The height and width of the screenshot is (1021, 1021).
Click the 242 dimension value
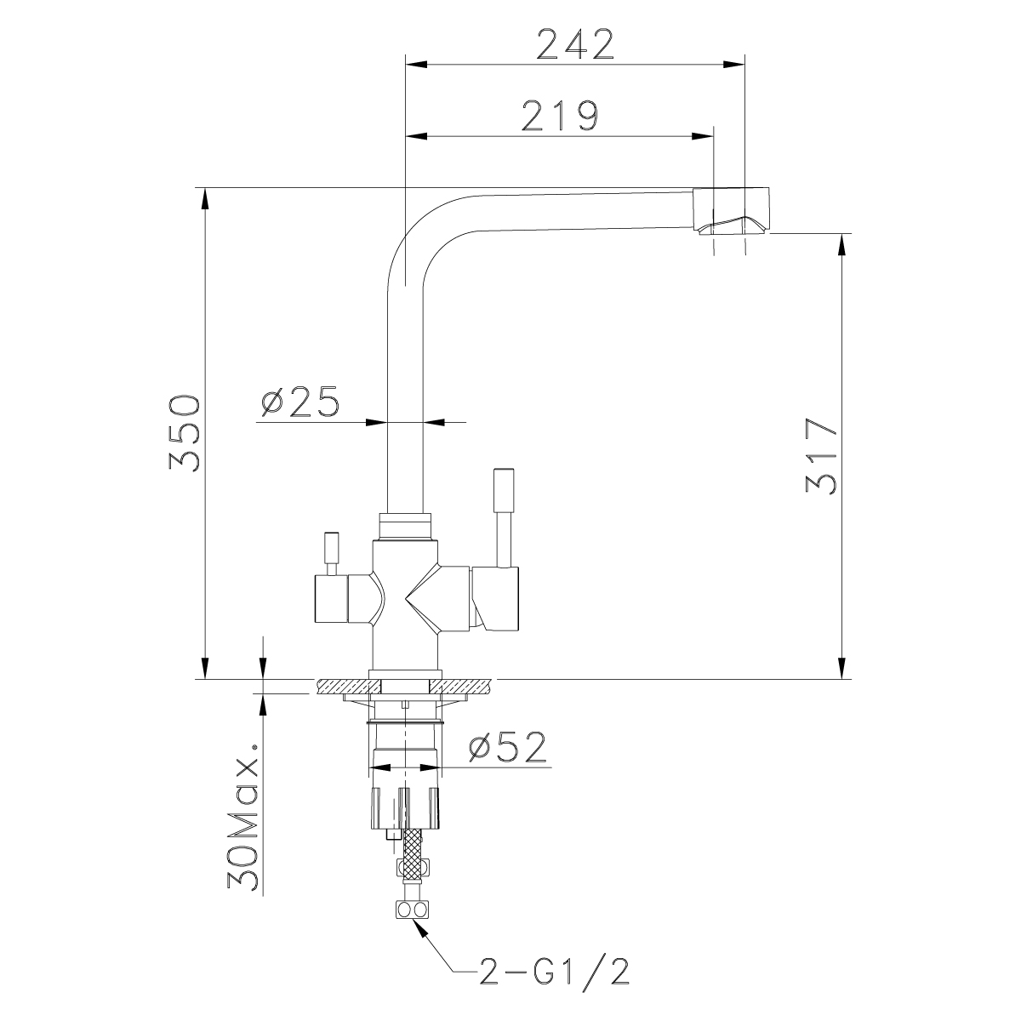[x=575, y=44]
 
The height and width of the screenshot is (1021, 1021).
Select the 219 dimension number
[x=559, y=117]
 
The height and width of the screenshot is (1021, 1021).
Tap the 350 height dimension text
[x=184, y=434]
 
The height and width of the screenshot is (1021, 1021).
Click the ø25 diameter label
[x=299, y=402]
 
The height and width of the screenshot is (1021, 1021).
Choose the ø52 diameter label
[x=506, y=747]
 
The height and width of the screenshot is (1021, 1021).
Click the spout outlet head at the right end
[x=733, y=210]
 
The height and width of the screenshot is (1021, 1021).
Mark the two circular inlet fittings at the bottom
[x=410, y=910]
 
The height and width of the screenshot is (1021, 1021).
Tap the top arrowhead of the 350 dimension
[x=204, y=199]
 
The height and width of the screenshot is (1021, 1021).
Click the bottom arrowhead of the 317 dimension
[x=842, y=669]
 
